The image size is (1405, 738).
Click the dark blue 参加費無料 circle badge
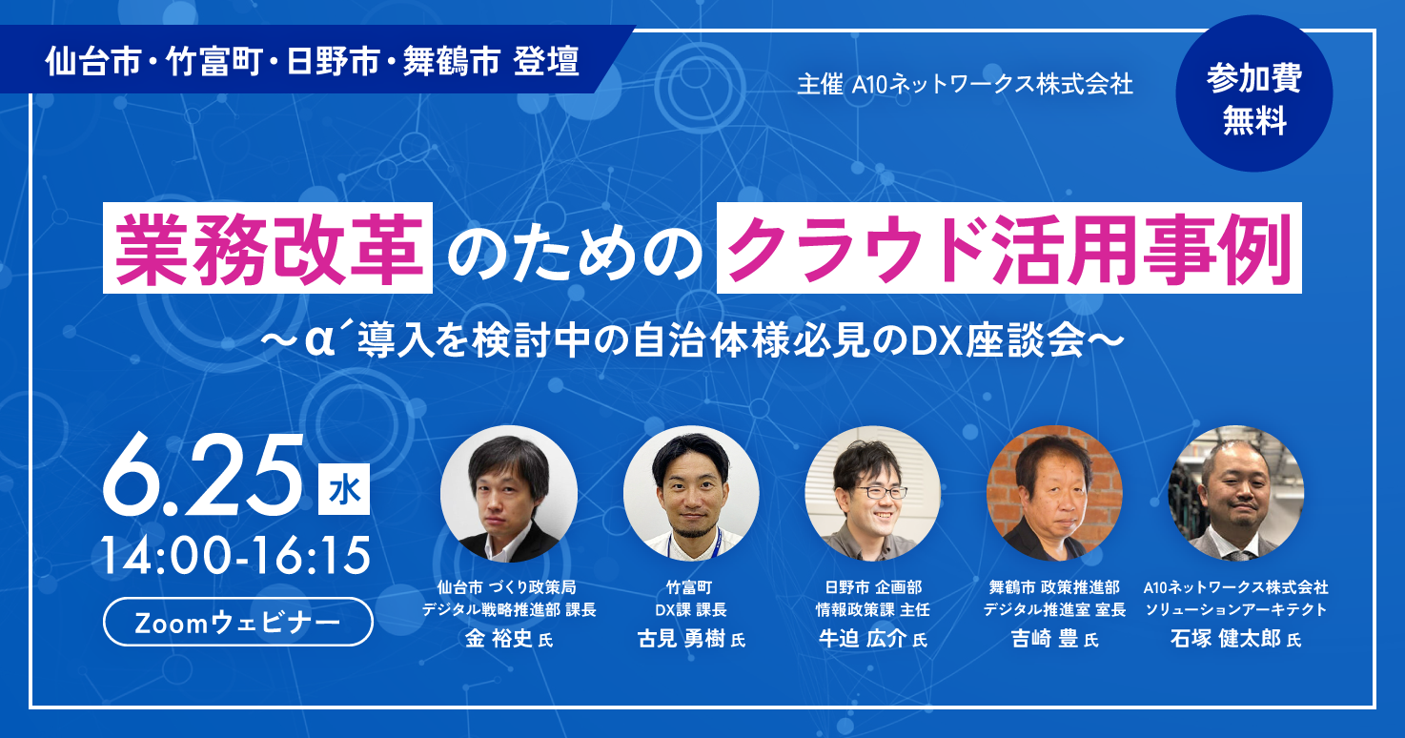click(1253, 93)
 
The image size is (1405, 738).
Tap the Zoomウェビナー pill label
click(237, 622)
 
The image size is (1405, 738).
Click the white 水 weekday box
click(344, 489)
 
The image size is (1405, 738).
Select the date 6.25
click(203, 475)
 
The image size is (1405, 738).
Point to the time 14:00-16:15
click(236, 555)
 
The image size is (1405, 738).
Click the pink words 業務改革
click(268, 248)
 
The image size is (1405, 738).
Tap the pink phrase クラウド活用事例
click(1009, 248)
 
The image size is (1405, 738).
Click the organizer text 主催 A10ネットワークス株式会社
click(965, 85)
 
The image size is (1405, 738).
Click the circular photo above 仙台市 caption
click(509, 494)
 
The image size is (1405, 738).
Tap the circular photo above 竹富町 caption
click(690, 493)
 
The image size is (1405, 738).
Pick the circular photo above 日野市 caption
click(872, 493)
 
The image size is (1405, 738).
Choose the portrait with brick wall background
click(1054, 493)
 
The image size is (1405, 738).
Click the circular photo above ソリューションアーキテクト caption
click(1236, 493)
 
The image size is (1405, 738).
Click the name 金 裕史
click(499, 639)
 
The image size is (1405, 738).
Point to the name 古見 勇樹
click(682, 639)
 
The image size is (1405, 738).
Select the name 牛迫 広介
click(863, 639)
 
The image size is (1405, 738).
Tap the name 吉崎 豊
click(1045, 639)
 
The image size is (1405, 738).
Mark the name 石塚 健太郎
click(1226, 639)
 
